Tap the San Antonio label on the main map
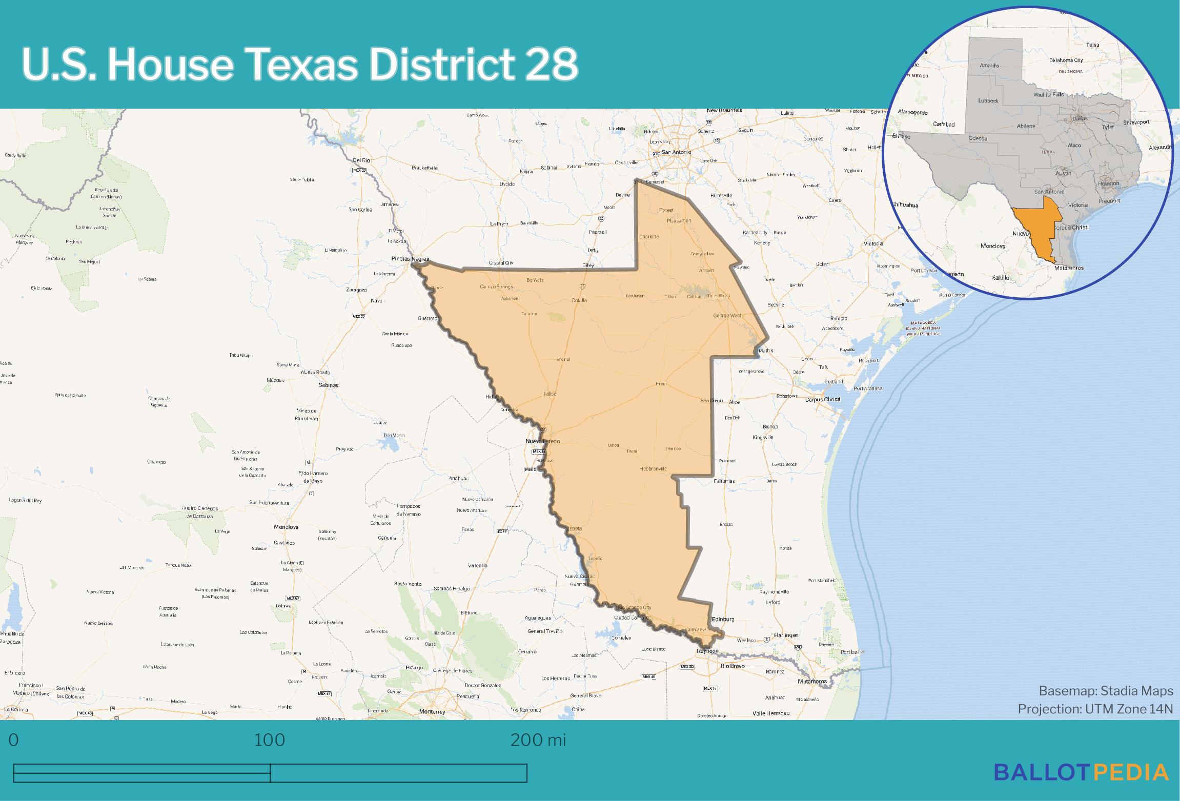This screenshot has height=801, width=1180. pos(676,152)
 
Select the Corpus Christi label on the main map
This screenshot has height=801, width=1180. pos(822,400)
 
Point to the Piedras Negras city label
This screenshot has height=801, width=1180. pos(410,259)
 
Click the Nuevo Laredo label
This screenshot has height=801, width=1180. pos(542,441)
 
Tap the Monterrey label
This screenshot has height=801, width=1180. pos(432,711)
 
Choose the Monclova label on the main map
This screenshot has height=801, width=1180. pos(286,527)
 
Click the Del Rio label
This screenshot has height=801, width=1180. pos(361,160)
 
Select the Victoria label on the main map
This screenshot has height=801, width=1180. pos(872,243)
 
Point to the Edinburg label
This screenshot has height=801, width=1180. pos(723,619)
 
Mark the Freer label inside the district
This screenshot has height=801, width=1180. pos(661,384)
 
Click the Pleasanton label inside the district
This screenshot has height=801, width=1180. pos(679,221)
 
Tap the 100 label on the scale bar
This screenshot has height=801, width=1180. pos(270,740)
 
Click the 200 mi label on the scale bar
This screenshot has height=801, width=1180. pos(538,740)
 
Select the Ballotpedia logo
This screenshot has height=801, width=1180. pos(1081,772)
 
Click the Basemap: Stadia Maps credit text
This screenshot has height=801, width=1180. pos(1106,691)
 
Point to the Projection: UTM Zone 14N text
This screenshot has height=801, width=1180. pos(1095,709)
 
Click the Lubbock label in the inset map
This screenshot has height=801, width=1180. pos(988,101)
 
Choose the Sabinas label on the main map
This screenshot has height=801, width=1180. pos(328,385)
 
